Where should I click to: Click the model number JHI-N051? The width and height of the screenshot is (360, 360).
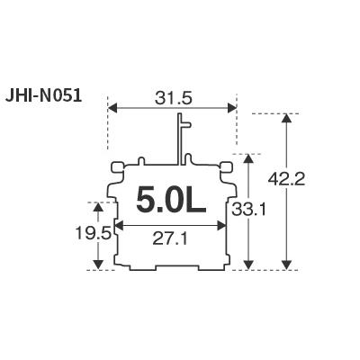tap(43, 96)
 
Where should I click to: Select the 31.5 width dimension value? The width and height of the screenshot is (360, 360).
tap(174, 98)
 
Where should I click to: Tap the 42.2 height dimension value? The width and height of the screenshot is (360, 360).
tap(286, 180)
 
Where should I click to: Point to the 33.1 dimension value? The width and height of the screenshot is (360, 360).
tap(248, 210)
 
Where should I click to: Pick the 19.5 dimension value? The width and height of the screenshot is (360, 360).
tap(94, 233)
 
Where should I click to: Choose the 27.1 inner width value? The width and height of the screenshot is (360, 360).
tap(170, 239)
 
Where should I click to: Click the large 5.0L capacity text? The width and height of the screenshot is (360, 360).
tap(171, 200)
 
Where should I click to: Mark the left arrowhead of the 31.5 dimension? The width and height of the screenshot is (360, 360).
tap(112, 107)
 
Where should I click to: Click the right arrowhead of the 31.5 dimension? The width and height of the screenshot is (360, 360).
tap(232, 107)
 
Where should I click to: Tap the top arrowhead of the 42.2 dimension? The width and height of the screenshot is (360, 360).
tap(287, 118)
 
